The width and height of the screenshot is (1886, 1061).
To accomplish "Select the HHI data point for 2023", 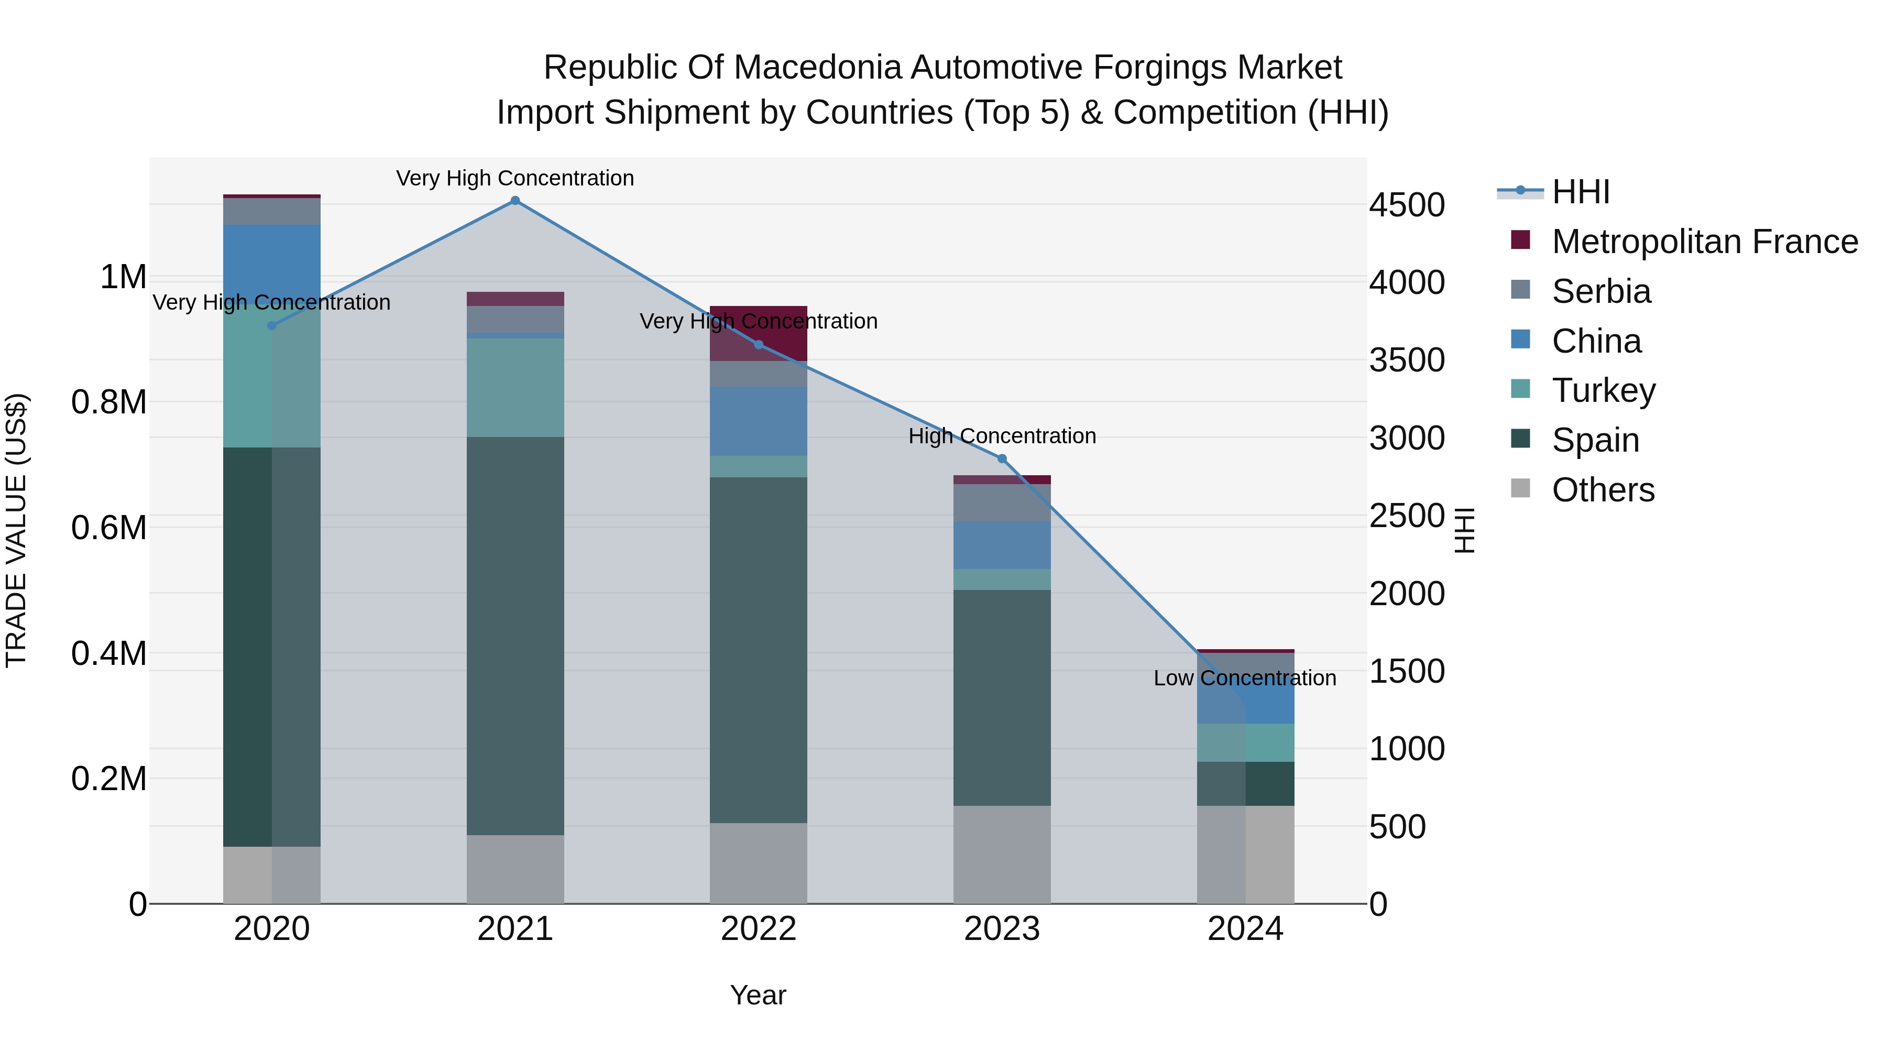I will click(x=1002, y=459).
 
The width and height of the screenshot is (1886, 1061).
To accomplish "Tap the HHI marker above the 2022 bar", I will click(x=759, y=345).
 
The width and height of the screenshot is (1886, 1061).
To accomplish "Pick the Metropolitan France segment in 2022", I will click(x=759, y=333).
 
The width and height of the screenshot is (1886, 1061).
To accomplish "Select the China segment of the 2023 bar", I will click(x=1002, y=545).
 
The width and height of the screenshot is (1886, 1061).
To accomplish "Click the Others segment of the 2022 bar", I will click(x=759, y=863).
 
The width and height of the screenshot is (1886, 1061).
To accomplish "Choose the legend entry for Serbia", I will click(x=1600, y=291).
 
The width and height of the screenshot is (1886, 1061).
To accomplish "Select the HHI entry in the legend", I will click(x=1580, y=192).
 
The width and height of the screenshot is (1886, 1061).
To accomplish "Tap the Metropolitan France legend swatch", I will click(x=1521, y=240).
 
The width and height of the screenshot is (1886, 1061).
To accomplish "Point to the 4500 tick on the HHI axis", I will click(x=1407, y=205).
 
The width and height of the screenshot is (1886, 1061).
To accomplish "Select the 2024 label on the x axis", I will click(x=1245, y=929).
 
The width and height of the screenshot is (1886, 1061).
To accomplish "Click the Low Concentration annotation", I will click(x=1245, y=678).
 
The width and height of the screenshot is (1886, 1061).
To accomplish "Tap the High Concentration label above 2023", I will click(x=1002, y=436).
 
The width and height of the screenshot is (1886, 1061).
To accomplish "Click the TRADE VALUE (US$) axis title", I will click(x=16, y=530).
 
